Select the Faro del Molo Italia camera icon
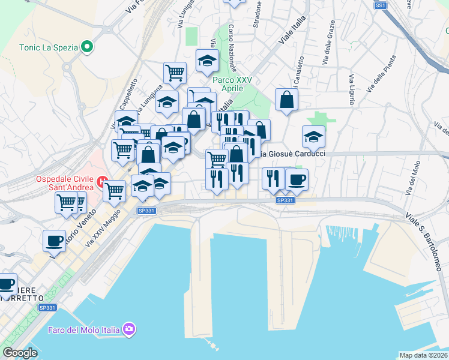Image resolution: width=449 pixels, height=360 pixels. click(129, 329)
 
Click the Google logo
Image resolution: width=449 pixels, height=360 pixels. click(20, 353)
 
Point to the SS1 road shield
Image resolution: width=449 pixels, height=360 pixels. click(380, 5)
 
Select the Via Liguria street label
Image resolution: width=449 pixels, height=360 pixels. click(351, 89)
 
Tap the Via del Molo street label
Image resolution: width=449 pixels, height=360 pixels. click(412, 178)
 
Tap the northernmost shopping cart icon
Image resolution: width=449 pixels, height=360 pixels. click(175, 73)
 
